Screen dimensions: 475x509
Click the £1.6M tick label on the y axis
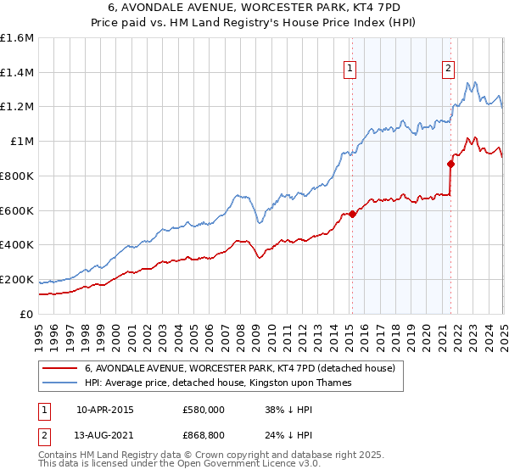point(17,38)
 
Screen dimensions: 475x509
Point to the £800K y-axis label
point(17,176)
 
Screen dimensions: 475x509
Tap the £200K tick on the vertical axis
point(17,279)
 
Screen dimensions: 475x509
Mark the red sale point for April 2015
point(352,214)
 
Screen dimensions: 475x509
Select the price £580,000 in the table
point(203,410)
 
